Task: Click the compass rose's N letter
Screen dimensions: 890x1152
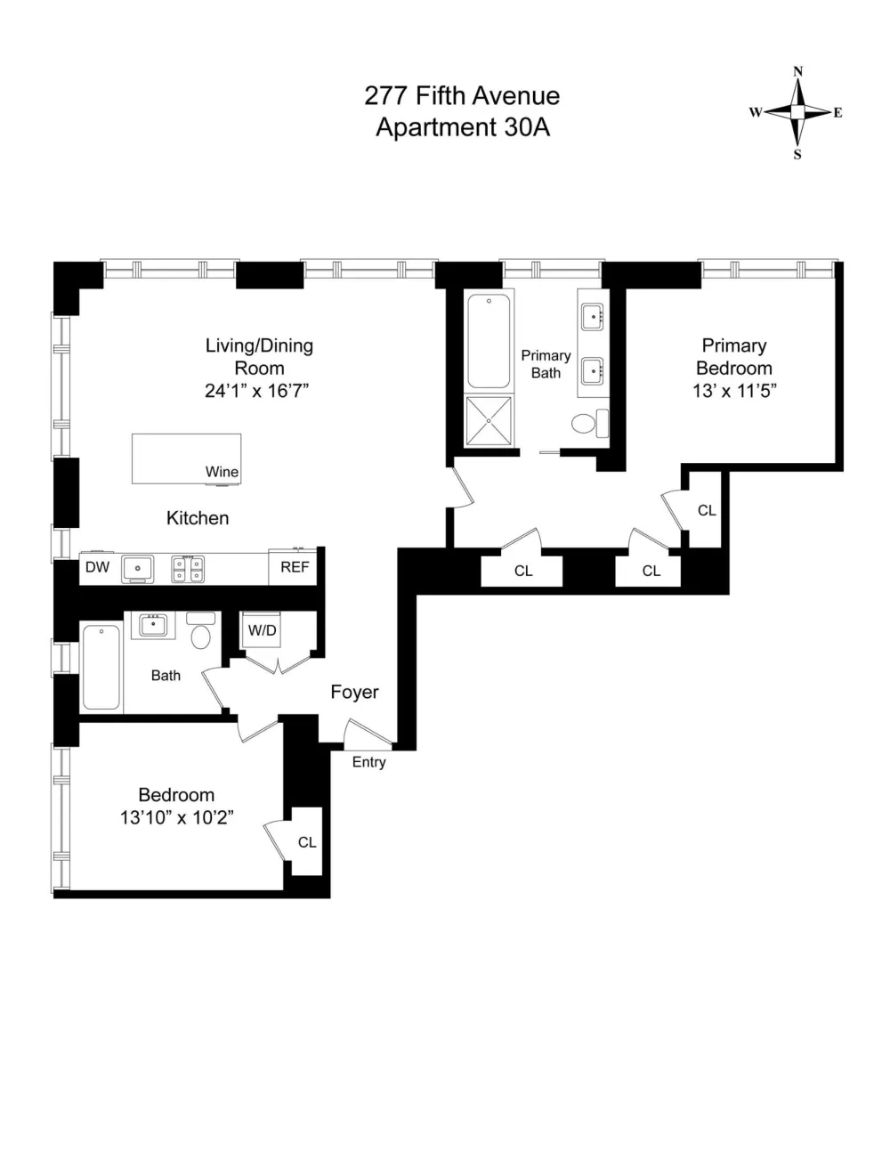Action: point(797,71)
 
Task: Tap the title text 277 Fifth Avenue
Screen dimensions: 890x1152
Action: point(462,96)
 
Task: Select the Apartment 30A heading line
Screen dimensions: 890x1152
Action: point(463,127)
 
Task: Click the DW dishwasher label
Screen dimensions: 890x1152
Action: point(98,567)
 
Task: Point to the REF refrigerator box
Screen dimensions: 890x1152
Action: point(293,567)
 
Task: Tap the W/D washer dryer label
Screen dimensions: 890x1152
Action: point(263,630)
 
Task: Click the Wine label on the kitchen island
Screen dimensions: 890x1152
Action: point(222,471)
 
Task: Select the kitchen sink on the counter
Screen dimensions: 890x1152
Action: point(138,569)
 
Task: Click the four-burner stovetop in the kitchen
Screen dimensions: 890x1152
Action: point(188,569)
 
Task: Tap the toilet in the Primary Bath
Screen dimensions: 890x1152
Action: point(590,423)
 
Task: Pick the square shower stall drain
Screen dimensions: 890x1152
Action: point(489,420)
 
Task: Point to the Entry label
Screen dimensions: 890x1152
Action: point(368,762)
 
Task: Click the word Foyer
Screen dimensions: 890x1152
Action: point(354,692)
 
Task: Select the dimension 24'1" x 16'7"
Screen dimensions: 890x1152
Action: point(257,391)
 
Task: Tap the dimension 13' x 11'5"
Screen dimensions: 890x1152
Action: point(734,391)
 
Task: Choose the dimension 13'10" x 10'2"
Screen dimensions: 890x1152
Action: point(177,817)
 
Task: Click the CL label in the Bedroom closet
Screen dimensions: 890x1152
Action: point(307,842)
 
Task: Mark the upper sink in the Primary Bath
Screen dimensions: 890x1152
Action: point(594,317)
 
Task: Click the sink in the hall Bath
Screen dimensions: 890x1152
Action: point(154,626)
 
